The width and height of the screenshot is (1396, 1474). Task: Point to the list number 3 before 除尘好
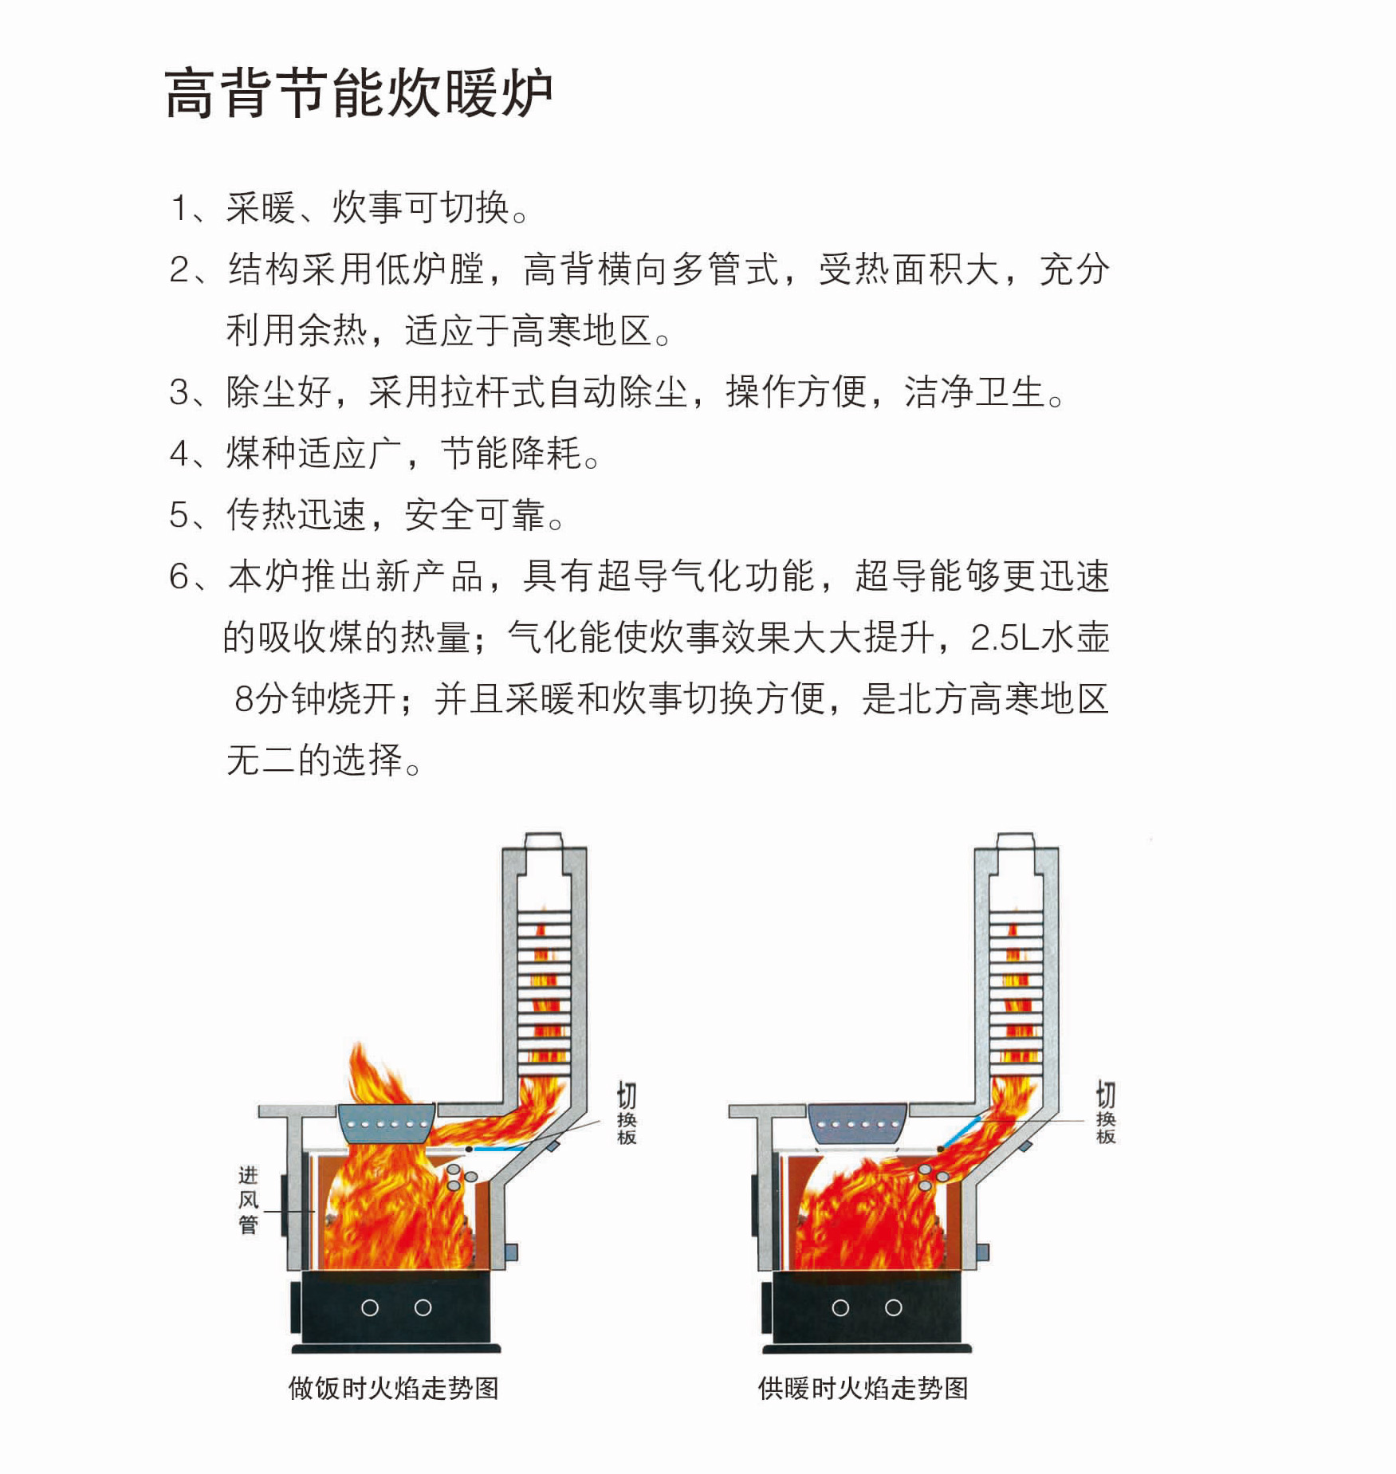pyautogui.click(x=179, y=393)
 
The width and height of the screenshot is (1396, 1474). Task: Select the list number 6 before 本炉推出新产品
pyautogui.click(x=179, y=576)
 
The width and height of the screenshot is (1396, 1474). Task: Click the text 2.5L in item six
pyautogui.click(x=1006, y=638)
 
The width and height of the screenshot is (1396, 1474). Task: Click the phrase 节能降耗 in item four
pyautogui.click(x=511, y=454)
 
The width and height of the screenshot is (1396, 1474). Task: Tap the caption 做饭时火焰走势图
pyautogui.click(x=394, y=1388)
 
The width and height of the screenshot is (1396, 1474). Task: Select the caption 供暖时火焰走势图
pyautogui.click(x=863, y=1388)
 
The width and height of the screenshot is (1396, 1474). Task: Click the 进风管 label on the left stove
pyautogui.click(x=248, y=1200)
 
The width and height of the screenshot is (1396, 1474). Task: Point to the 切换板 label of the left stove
pyautogui.click(x=627, y=1113)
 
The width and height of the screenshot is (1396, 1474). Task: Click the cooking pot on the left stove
pyautogui.click(x=387, y=1122)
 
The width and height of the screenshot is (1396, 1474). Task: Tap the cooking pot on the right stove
pyautogui.click(x=858, y=1122)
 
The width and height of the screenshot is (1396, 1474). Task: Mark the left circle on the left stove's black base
pyautogui.click(x=370, y=1307)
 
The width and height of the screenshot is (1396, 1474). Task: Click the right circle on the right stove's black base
pyautogui.click(x=894, y=1307)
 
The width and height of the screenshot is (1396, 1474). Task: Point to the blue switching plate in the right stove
pyautogui.click(x=963, y=1132)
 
